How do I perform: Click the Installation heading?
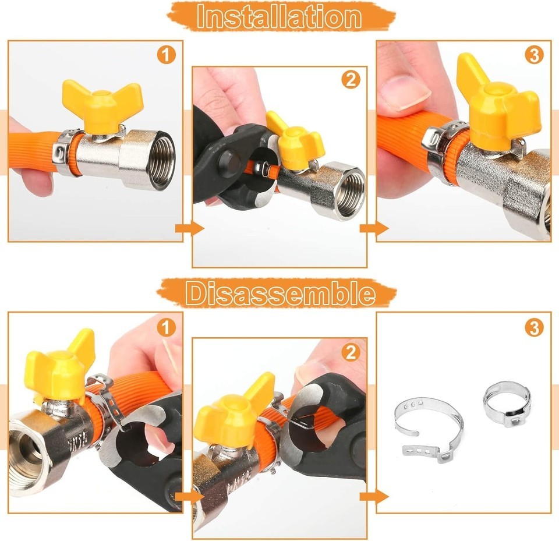[x=279, y=16]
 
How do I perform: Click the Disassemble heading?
[x=280, y=293]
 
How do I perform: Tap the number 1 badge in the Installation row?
[x=167, y=55]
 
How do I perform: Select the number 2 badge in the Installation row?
[x=351, y=80]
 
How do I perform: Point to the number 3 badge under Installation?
[x=534, y=55]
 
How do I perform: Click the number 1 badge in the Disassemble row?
[x=167, y=327]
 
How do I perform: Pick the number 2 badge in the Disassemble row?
[x=351, y=352]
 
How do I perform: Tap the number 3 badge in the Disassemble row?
[x=534, y=327]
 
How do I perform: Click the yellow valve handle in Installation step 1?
[x=103, y=107]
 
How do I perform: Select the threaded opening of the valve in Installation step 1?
[x=161, y=159]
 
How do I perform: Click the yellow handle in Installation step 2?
[x=296, y=141]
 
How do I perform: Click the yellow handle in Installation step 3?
[x=499, y=107]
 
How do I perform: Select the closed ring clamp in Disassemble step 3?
[x=507, y=403]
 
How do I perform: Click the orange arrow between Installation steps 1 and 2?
[x=189, y=229]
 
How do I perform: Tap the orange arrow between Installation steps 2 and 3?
[x=374, y=229]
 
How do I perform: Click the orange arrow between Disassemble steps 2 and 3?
[x=374, y=496]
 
